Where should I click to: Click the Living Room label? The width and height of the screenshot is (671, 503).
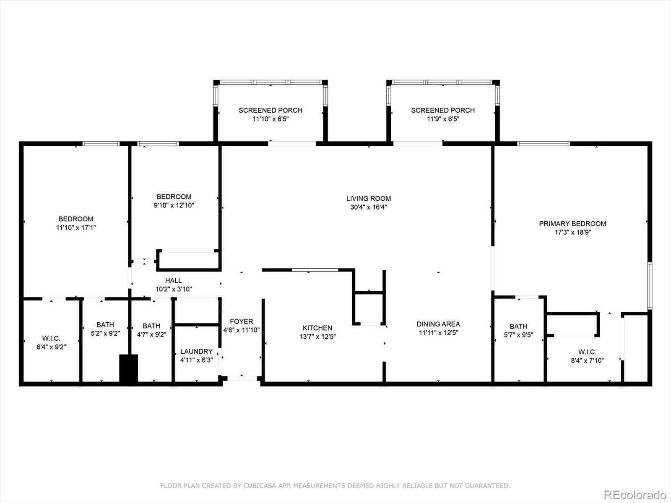368,199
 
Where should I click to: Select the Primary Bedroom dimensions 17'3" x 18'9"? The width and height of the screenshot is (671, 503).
572,232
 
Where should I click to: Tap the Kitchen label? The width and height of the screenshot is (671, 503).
317,328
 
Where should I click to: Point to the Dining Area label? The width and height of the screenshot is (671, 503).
438,324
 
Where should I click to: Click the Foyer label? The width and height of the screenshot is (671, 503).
241,321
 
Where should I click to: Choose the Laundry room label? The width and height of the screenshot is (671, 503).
196,352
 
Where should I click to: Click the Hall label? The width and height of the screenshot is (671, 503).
173,280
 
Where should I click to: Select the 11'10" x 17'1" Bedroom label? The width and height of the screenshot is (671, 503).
76,219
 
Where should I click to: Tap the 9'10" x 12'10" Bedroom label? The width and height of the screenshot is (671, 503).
174,197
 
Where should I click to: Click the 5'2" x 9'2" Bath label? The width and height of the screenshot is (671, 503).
105,324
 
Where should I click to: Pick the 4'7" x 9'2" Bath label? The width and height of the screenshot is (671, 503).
151,326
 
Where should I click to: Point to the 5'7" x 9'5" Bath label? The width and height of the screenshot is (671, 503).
518,326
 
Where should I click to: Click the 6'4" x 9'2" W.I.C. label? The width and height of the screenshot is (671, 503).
51,338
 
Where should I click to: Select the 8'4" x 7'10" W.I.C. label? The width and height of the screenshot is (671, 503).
587,352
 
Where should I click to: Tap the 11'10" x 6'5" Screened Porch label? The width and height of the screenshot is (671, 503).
270,110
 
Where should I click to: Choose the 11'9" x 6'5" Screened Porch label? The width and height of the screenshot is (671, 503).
443,110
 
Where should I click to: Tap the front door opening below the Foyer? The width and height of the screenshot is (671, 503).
242,379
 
